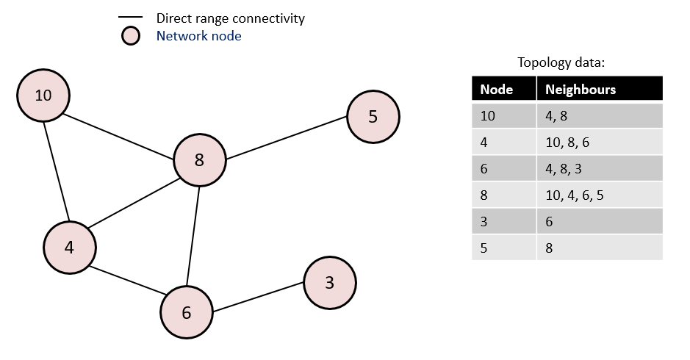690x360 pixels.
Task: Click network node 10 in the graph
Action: (x=44, y=95)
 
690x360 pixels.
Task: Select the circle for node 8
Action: (x=199, y=159)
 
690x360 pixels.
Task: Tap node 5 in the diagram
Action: (x=373, y=116)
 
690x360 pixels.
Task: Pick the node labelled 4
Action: (x=69, y=248)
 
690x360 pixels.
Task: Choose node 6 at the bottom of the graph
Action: (x=187, y=312)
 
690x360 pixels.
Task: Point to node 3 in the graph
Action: (x=329, y=283)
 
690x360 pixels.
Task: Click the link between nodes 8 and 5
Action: (x=287, y=138)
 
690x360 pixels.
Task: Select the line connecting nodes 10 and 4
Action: (x=57, y=170)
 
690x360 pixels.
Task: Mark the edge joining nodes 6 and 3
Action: (x=257, y=298)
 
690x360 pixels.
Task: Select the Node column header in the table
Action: (x=496, y=90)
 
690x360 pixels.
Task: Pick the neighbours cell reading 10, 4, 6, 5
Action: (x=575, y=195)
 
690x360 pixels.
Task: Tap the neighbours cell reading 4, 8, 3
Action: (x=563, y=169)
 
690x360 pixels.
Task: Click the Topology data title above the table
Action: (x=561, y=62)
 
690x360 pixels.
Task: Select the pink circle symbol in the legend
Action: (x=130, y=35)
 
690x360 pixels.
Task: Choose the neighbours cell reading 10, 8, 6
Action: (x=567, y=143)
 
